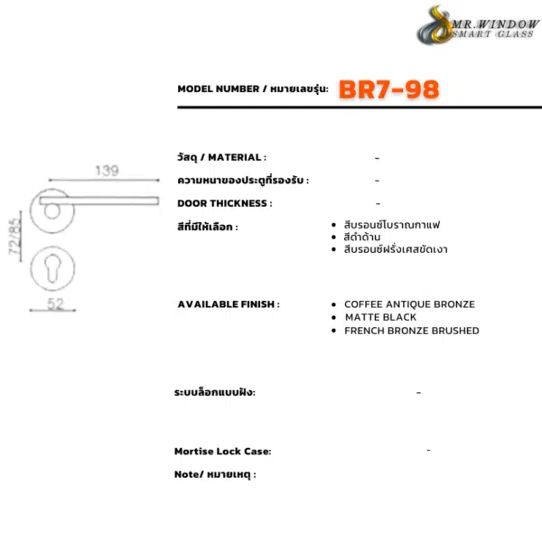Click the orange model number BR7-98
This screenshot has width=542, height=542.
[x=388, y=89]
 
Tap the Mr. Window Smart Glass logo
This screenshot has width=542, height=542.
[x=479, y=25]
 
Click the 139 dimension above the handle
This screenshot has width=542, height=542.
[x=107, y=171]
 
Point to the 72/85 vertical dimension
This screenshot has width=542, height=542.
[x=14, y=236]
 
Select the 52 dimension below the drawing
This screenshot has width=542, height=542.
[x=56, y=304]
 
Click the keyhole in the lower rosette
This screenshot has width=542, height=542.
[x=52, y=268]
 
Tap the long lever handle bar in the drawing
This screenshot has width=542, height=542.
[x=99, y=201]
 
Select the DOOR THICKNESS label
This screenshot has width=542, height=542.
[x=225, y=203]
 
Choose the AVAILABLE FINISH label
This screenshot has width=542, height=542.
[x=229, y=304]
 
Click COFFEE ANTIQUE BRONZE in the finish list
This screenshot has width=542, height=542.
[x=409, y=304]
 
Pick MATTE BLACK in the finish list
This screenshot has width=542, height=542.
[x=380, y=317]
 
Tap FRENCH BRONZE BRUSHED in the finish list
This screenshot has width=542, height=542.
[x=412, y=331]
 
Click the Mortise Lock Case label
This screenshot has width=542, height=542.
[x=223, y=451]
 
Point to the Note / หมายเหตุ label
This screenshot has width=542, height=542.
[x=215, y=474]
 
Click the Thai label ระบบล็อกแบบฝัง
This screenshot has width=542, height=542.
[x=215, y=392]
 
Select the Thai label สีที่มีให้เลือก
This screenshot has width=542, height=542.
[x=208, y=227]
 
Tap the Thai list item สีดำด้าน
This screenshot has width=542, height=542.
[x=362, y=237]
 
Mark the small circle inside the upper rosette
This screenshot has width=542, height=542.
[x=52, y=211]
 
